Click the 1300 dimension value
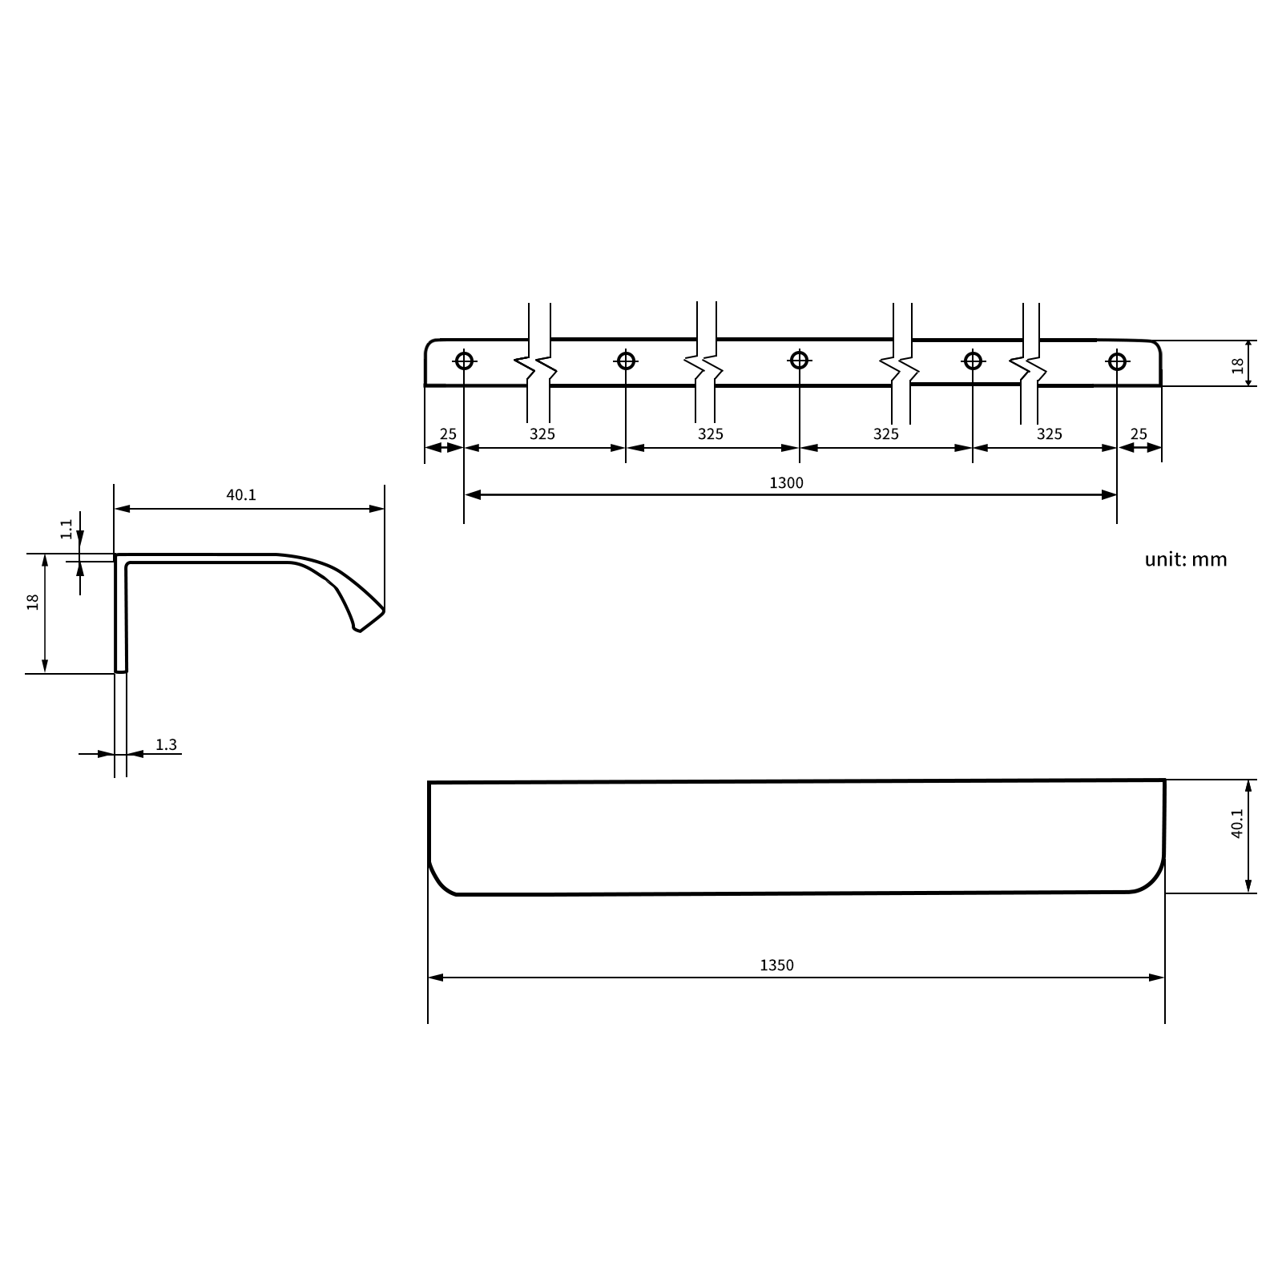(x=786, y=482)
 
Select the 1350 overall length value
(x=776, y=966)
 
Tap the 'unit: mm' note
(x=1186, y=559)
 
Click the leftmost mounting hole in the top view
(x=464, y=361)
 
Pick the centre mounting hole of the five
(x=799, y=361)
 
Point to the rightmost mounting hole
(x=1117, y=361)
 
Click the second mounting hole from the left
(x=626, y=361)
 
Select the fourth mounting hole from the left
(x=973, y=361)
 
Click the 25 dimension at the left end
(x=448, y=434)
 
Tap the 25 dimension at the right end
(x=1139, y=434)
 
